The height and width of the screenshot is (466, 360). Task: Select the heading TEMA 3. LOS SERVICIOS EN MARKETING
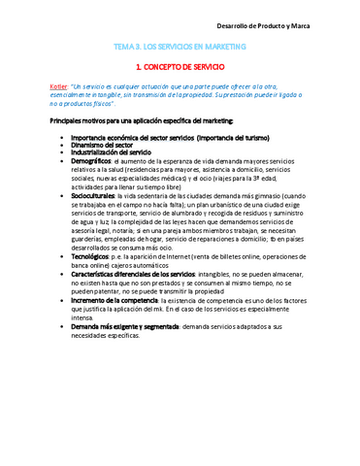coord(180,46)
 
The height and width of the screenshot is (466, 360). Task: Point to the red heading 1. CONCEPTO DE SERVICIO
coord(180,66)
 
